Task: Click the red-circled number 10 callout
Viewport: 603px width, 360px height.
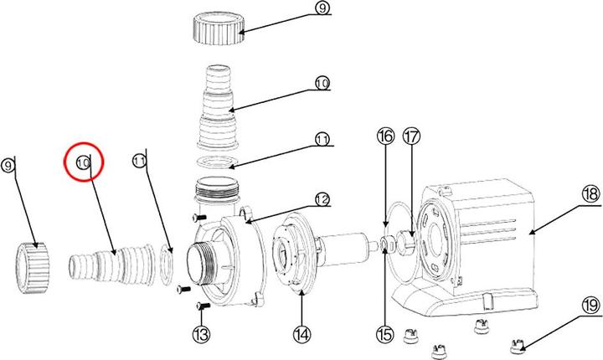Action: click(x=84, y=162)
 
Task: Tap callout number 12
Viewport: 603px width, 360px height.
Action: click(x=321, y=199)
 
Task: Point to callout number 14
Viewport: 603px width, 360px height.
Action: click(x=301, y=334)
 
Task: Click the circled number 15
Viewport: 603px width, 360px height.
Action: click(x=384, y=334)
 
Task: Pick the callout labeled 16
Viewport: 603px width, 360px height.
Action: click(x=384, y=136)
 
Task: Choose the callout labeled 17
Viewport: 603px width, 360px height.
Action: click(x=410, y=136)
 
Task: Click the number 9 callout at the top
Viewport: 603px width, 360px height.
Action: click(x=322, y=9)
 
